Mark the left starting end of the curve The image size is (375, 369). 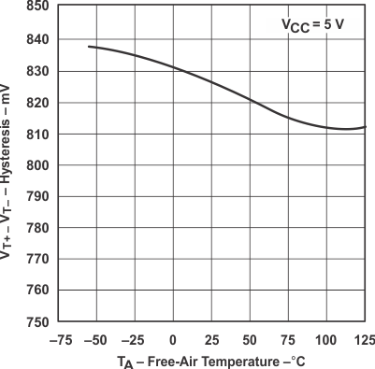pyautogui.click(x=88, y=46)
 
